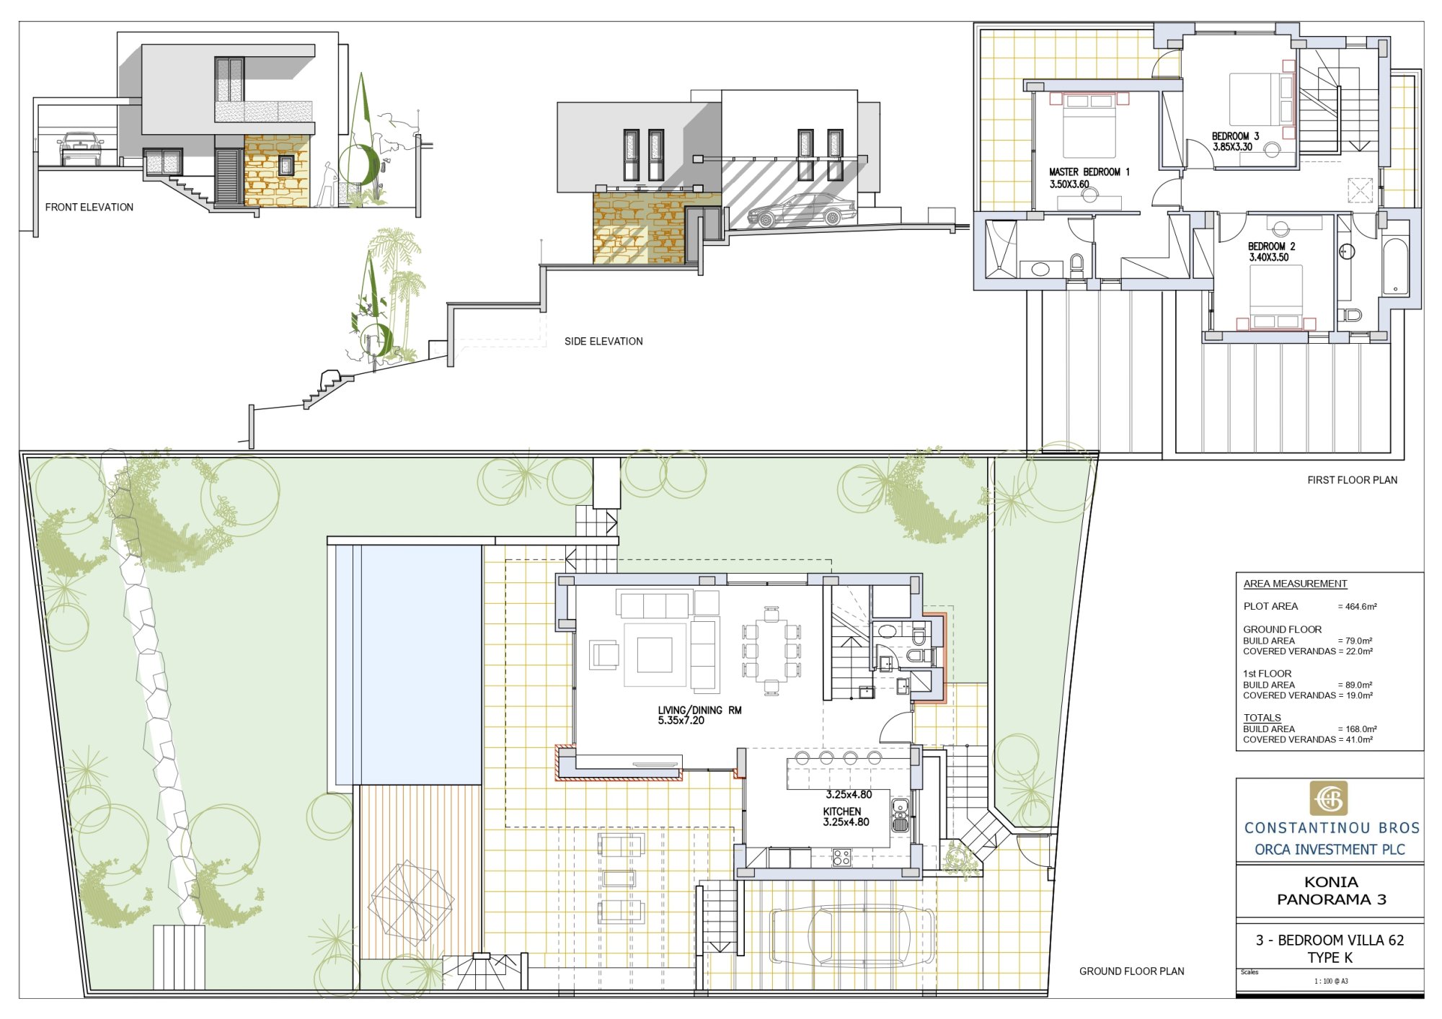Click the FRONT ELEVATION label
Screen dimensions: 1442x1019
pos(89,208)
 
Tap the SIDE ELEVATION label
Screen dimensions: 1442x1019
pos(603,342)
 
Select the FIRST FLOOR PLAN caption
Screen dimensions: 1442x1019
pos(1352,480)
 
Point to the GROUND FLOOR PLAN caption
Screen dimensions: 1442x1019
pos(1131,971)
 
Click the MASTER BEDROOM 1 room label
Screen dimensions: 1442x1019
pos(1089,172)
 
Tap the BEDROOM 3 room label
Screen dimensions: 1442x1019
pos(1235,136)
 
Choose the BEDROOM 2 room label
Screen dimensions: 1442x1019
pos(1271,246)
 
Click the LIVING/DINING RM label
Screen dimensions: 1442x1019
pos(699,711)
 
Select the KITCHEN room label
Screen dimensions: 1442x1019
pos(842,811)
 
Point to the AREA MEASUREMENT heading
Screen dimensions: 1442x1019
pos(1295,584)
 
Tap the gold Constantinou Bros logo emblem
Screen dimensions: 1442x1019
pos(1328,798)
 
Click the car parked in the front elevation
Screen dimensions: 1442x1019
pos(80,148)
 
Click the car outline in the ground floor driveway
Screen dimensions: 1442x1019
pos(853,935)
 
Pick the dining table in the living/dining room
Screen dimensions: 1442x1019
pos(771,651)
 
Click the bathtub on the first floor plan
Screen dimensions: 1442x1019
pos(1395,267)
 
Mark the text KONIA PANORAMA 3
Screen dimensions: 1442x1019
pos(1331,891)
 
